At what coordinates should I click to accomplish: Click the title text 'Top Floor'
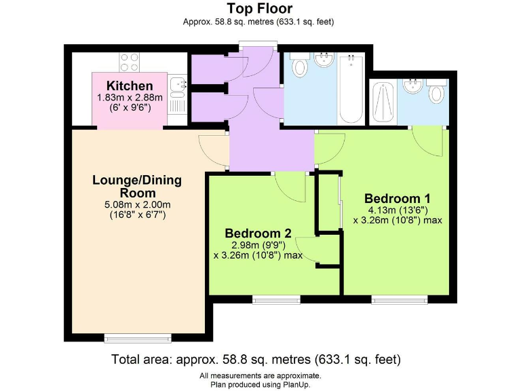click(x=260, y=9)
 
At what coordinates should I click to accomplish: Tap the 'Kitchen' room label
click(x=130, y=86)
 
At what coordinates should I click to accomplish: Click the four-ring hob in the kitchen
click(x=130, y=62)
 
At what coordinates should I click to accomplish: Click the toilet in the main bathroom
click(x=298, y=67)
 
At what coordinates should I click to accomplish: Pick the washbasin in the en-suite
click(x=412, y=86)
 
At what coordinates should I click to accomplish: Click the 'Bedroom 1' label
click(x=397, y=198)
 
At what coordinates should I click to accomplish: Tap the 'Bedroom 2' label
click(x=258, y=233)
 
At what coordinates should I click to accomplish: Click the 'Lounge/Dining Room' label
click(x=137, y=186)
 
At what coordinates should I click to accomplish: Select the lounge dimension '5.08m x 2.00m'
click(x=136, y=204)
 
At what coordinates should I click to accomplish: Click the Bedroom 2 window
click(x=276, y=298)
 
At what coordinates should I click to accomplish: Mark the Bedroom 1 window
click(x=399, y=298)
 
